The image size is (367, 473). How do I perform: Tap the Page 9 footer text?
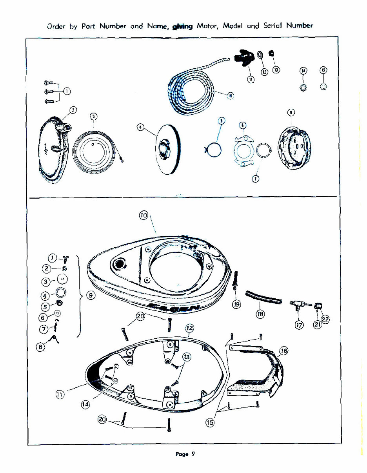185,454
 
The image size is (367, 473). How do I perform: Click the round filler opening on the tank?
118,265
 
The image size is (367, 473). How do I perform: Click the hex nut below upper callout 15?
323,87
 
